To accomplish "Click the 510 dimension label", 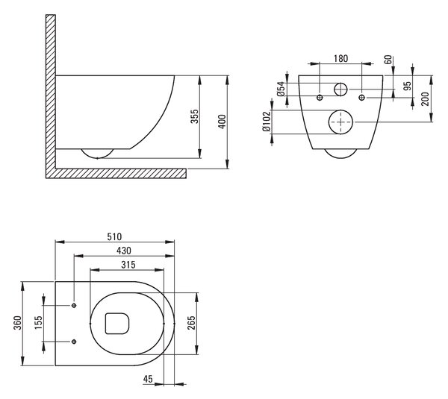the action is click(114, 236).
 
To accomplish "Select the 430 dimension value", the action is click(124, 251).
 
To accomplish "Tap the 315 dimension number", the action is click(128, 265).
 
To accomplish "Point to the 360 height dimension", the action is click(18, 323).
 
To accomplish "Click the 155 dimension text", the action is click(38, 322).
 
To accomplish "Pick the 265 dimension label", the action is click(191, 323).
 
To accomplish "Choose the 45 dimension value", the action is click(148, 379).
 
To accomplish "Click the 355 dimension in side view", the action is click(194, 116).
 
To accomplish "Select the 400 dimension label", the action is click(222, 122).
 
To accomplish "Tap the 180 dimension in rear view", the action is click(341, 58).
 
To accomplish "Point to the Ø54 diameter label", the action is click(281, 89).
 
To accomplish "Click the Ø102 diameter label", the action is click(266, 122).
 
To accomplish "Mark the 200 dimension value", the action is click(425, 98).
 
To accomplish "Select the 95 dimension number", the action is click(408, 86).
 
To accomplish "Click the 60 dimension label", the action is click(388, 60).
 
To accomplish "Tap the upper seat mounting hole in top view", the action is click(74, 305).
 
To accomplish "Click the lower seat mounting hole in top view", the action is click(74, 342).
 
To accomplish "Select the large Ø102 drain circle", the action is click(329, 122).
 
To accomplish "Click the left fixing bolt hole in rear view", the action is click(320, 98).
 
